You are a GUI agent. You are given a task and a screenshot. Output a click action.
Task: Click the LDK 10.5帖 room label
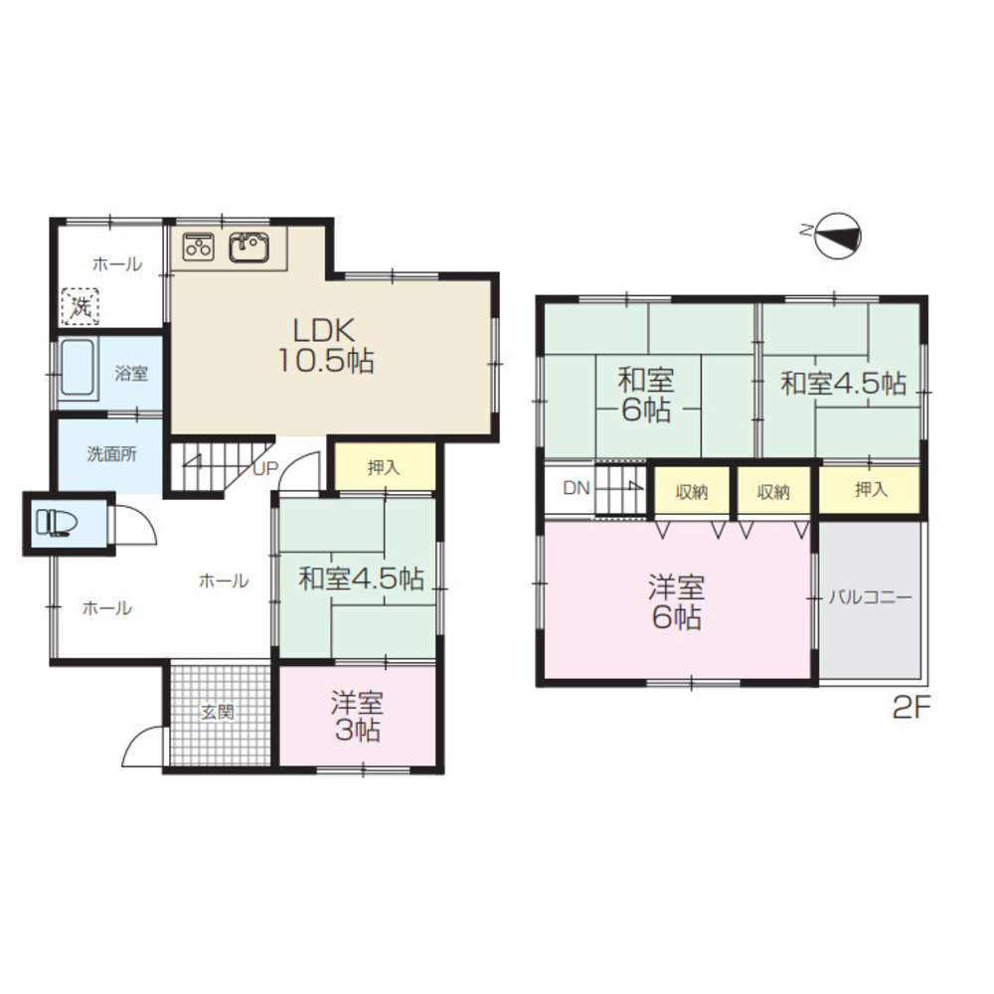click(x=326, y=346)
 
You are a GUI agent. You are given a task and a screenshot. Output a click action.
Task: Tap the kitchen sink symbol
click(x=249, y=247)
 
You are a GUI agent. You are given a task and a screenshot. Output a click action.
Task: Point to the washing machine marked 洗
click(x=80, y=307)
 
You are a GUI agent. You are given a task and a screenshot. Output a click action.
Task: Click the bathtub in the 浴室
click(x=78, y=369)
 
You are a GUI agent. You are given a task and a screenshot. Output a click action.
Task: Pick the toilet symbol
click(x=57, y=524)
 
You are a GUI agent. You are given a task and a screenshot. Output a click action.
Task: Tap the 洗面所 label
click(x=111, y=454)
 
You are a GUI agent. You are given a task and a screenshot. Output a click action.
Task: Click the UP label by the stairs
click(x=265, y=468)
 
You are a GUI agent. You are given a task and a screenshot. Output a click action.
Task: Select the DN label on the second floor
click(x=577, y=488)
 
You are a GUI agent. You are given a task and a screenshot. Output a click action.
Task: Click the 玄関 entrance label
click(x=218, y=712)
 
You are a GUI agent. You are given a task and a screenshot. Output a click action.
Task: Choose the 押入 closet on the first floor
click(x=385, y=467)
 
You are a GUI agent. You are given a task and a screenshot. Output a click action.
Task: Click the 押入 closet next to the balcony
click(x=870, y=489)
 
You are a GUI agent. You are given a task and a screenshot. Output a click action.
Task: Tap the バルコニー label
click(x=871, y=597)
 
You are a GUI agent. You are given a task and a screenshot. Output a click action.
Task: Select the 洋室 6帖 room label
click(x=676, y=601)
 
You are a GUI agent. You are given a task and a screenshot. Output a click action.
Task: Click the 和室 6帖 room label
click(x=646, y=396)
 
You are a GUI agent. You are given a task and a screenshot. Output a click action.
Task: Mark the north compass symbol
click(x=837, y=235)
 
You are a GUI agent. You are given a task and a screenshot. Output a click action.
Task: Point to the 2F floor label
click(x=911, y=708)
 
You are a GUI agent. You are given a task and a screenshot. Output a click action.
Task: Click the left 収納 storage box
click(x=692, y=492)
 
